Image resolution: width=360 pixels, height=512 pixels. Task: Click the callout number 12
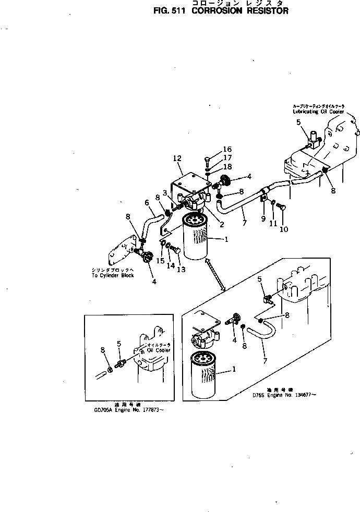177,158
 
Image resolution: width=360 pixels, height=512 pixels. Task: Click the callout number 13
181,270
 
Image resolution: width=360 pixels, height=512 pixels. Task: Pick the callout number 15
161,260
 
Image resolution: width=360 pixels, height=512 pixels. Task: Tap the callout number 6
147,202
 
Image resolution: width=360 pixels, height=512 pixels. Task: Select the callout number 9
263,218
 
